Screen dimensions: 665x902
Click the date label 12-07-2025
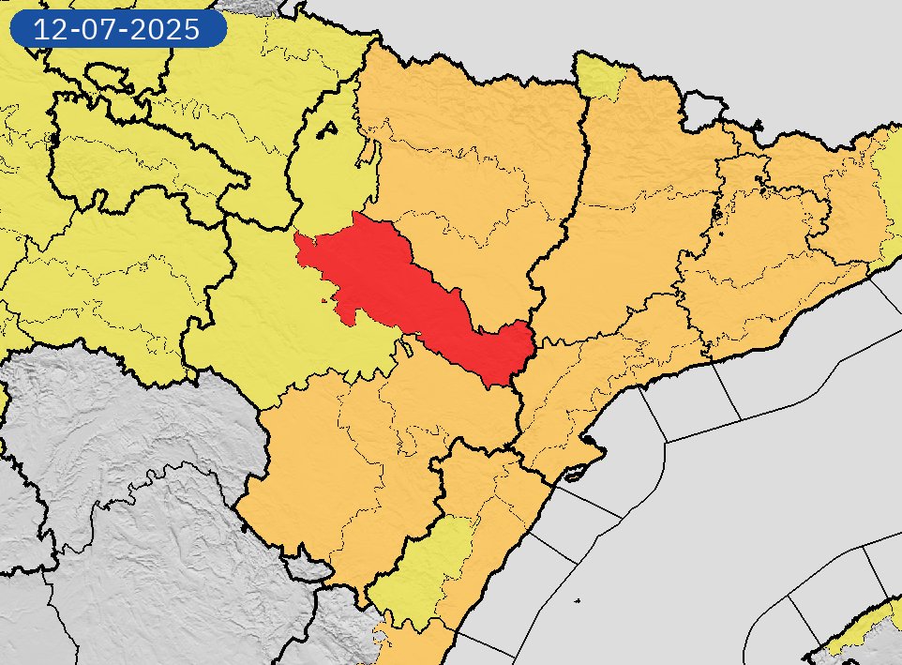(x=117, y=29)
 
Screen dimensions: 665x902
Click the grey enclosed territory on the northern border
(x=701, y=111)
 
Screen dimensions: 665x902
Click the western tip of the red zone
(x=300, y=246)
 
